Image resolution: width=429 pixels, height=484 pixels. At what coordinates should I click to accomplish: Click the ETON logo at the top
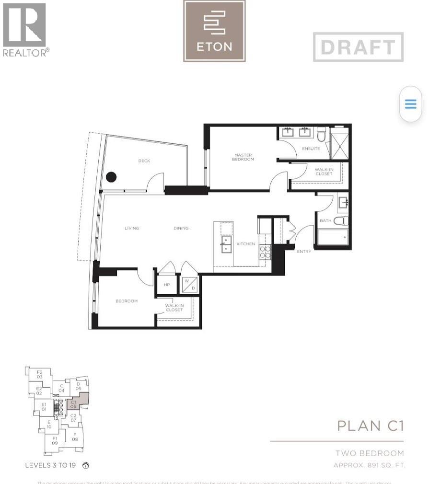[x=214, y=31]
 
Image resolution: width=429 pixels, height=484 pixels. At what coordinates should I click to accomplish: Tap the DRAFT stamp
[x=358, y=47]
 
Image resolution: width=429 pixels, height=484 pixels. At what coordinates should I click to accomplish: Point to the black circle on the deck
[x=111, y=177]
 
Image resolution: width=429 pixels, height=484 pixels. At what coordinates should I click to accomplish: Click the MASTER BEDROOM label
[x=243, y=157]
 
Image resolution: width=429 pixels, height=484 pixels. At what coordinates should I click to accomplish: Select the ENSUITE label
[x=311, y=149]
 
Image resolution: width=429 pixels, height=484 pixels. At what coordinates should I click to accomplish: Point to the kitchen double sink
[x=226, y=244]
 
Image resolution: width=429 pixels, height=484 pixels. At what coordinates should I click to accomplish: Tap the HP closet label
[x=167, y=285]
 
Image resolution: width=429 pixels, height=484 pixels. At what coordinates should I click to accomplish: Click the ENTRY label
[x=304, y=252]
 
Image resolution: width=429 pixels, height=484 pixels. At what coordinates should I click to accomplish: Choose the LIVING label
[x=132, y=228]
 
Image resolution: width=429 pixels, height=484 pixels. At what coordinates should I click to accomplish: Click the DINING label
[x=181, y=228]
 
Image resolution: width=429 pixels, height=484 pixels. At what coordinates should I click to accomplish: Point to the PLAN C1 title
[x=370, y=426]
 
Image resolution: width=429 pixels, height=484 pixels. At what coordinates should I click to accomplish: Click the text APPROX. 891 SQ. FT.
[x=369, y=465]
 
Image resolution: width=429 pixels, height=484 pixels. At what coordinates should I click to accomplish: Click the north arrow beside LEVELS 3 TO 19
[x=86, y=465]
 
